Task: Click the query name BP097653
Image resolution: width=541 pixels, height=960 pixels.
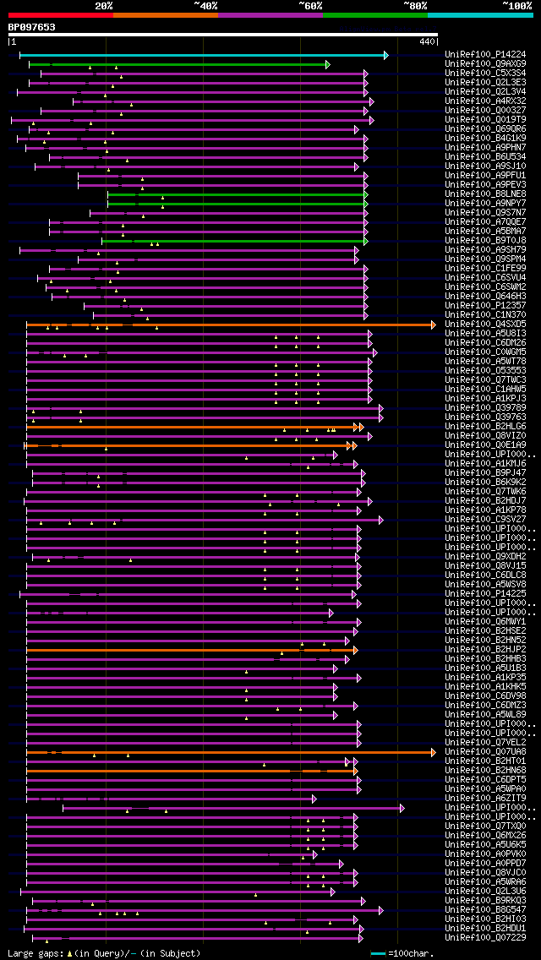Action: (x=32, y=27)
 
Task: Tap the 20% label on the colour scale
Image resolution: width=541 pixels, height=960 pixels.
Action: (x=104, y=6)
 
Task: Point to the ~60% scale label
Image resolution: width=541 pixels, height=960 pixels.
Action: (x=310, y=6)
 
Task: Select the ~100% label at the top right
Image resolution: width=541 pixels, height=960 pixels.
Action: (x=516, y=6)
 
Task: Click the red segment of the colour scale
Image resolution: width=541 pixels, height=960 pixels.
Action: (x=60, y=15)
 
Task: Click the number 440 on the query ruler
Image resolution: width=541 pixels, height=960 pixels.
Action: (x=427, y=41)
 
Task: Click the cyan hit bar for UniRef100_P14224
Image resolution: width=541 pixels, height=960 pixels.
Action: (x=203, y=55)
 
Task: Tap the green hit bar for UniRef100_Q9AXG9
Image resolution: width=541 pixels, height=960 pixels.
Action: (x=178, y=64)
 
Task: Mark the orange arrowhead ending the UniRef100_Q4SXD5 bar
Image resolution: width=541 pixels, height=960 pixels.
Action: (x=434, y=325)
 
